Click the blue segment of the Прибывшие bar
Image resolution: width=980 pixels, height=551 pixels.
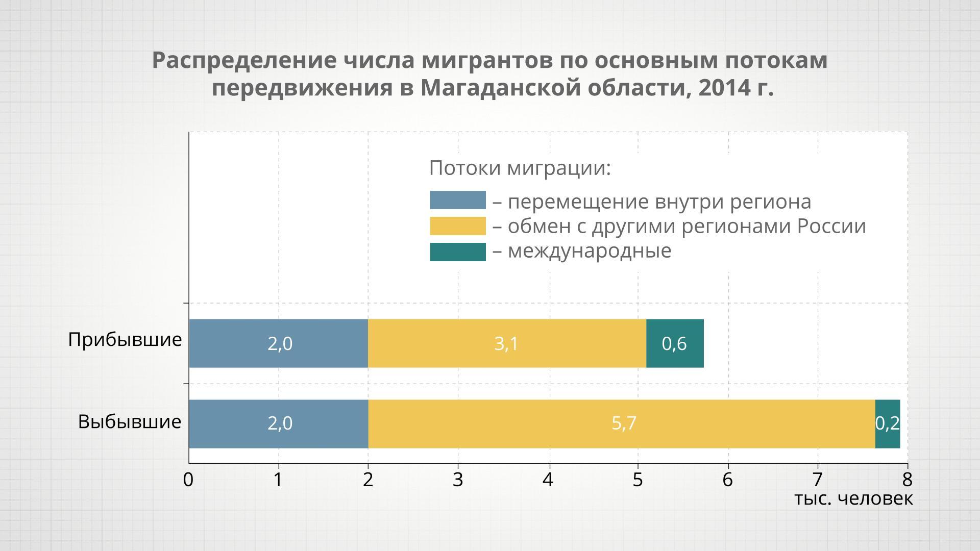278,343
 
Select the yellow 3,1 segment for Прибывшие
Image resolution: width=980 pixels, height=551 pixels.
507,343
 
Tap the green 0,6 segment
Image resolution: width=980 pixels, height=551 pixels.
675,343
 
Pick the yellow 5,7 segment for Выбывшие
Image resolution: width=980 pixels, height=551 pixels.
622,423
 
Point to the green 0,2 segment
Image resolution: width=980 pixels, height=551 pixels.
888,423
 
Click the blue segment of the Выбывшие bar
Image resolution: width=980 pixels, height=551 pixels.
278,423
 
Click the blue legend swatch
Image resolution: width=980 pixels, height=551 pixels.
457,200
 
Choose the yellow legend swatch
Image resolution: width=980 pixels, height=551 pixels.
457,226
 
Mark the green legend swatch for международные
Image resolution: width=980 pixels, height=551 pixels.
457,252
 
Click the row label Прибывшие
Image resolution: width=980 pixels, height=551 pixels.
125,339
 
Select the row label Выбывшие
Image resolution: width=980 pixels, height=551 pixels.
130,421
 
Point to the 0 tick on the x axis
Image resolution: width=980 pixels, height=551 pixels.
188,480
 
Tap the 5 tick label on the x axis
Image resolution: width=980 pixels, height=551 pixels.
638,480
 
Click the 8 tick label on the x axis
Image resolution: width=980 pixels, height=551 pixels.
907,480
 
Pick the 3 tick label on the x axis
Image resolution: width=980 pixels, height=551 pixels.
458,480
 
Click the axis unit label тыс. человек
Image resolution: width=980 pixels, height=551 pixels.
853,498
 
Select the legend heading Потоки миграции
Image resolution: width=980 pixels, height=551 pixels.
520,168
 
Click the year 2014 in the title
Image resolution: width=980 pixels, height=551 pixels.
721,88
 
